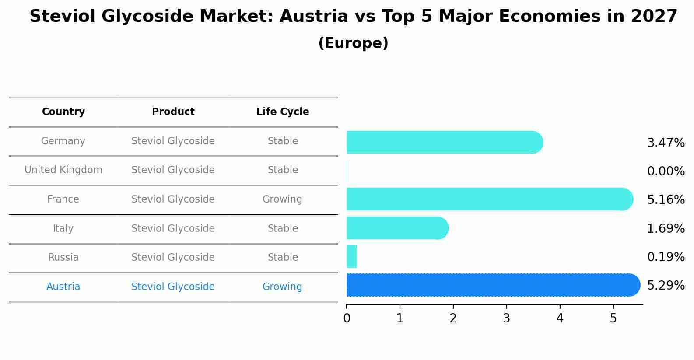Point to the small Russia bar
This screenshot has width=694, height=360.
click(x=351, y=256)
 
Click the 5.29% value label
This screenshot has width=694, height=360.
click(x=666, y=286)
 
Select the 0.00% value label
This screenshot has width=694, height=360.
click(x=666, y=171)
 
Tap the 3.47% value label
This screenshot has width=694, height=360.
click(x=666, y=143)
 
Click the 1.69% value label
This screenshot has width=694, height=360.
click(x=666, y=228)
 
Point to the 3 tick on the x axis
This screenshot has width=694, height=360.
click(x=506, y=318)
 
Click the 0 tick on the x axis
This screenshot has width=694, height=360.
click(x=347, y=318)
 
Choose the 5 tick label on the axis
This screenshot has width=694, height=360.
click(x=613, y=318)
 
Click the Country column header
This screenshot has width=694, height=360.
click(x=63, y=112)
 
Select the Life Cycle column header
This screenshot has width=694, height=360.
click(x=283, y=112)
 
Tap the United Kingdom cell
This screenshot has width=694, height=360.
click(x=63, y=170)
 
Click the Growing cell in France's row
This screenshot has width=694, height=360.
click(x=282, y=199)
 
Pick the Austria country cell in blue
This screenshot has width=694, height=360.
click(x=63, y=287)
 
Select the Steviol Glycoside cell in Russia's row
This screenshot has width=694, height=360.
click(x=173, y=258)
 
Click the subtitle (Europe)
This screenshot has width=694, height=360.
click(x=353, y=43)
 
